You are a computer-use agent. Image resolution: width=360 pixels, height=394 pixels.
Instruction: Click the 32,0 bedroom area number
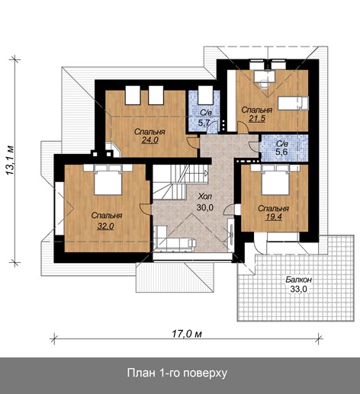(105, 226)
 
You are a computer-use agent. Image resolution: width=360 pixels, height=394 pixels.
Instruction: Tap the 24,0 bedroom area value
(149, 140)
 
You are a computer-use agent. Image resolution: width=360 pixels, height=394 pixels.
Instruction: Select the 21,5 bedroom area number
(257, 118)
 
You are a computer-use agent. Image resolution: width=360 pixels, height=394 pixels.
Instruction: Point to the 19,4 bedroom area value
(274, 216)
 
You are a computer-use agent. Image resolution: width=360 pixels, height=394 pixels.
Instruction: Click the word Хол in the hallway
(204, 197)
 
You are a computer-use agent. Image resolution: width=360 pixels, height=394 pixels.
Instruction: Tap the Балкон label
(298, 280)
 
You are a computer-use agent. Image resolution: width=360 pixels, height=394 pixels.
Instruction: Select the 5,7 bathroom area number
(204, 123)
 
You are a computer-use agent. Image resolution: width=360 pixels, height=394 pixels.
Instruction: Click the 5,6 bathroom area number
(281, 152)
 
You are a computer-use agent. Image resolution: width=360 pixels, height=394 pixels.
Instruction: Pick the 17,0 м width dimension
(187, 334)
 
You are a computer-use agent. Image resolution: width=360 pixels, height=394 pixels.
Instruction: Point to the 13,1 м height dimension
(10, 160)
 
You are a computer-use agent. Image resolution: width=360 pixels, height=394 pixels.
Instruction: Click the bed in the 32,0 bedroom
(108, 180)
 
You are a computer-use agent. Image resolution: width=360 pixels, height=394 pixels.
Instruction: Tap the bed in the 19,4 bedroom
(275, 180)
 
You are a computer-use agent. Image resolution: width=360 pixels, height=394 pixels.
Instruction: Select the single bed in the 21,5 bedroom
(293, 103)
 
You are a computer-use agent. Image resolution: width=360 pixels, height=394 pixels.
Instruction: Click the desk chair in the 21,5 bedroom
(265, 84)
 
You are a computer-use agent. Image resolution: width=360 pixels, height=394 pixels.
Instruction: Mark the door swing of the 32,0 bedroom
(145, 209)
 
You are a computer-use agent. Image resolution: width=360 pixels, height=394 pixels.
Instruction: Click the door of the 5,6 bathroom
(254, 147)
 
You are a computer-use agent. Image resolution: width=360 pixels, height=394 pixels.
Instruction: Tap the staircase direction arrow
(206, 174)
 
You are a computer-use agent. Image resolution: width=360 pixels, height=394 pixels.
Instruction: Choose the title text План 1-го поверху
(177, 373)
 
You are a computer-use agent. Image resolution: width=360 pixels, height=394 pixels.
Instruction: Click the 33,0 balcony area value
(298, 289)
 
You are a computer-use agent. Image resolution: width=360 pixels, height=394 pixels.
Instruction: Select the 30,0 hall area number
(205, 207)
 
